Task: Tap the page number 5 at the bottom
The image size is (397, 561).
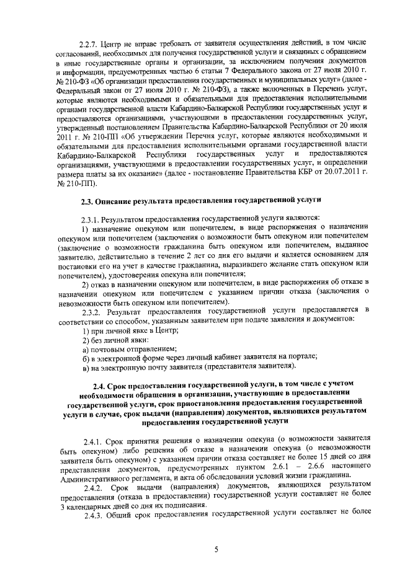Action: pyautogui.click(x=216, y=549)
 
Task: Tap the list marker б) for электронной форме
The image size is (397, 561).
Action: pyautogui.click(x=86, y=358)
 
